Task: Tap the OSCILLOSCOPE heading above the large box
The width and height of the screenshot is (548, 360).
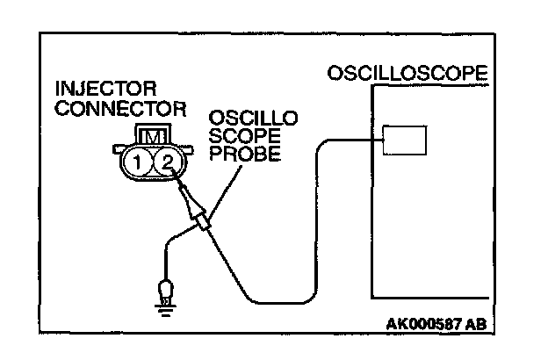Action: [406, 73]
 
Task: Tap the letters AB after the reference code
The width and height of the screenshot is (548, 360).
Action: [475, 323]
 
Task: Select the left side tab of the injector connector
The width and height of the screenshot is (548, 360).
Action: [119, 151]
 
